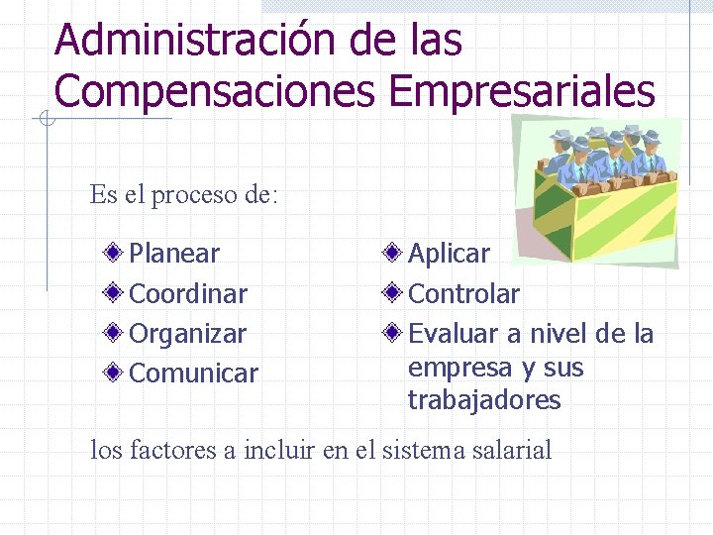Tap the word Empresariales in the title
[x=522, y=91]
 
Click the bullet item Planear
[x=174, y=254]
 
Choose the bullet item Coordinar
[x=188, y=294]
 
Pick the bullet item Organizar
[x=187, y=334]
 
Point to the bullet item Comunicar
[x=193, y=374]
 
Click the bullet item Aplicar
[x=449, y=254]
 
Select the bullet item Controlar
[x=463, y=294]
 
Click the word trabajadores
[x=484, y=400]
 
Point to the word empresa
[x=460, y=368]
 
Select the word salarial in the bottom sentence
[x=511, y=451]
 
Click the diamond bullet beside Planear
[x=116, y=254]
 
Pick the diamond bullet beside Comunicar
[x=116, y=374]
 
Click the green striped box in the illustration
[x=604, y=213]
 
